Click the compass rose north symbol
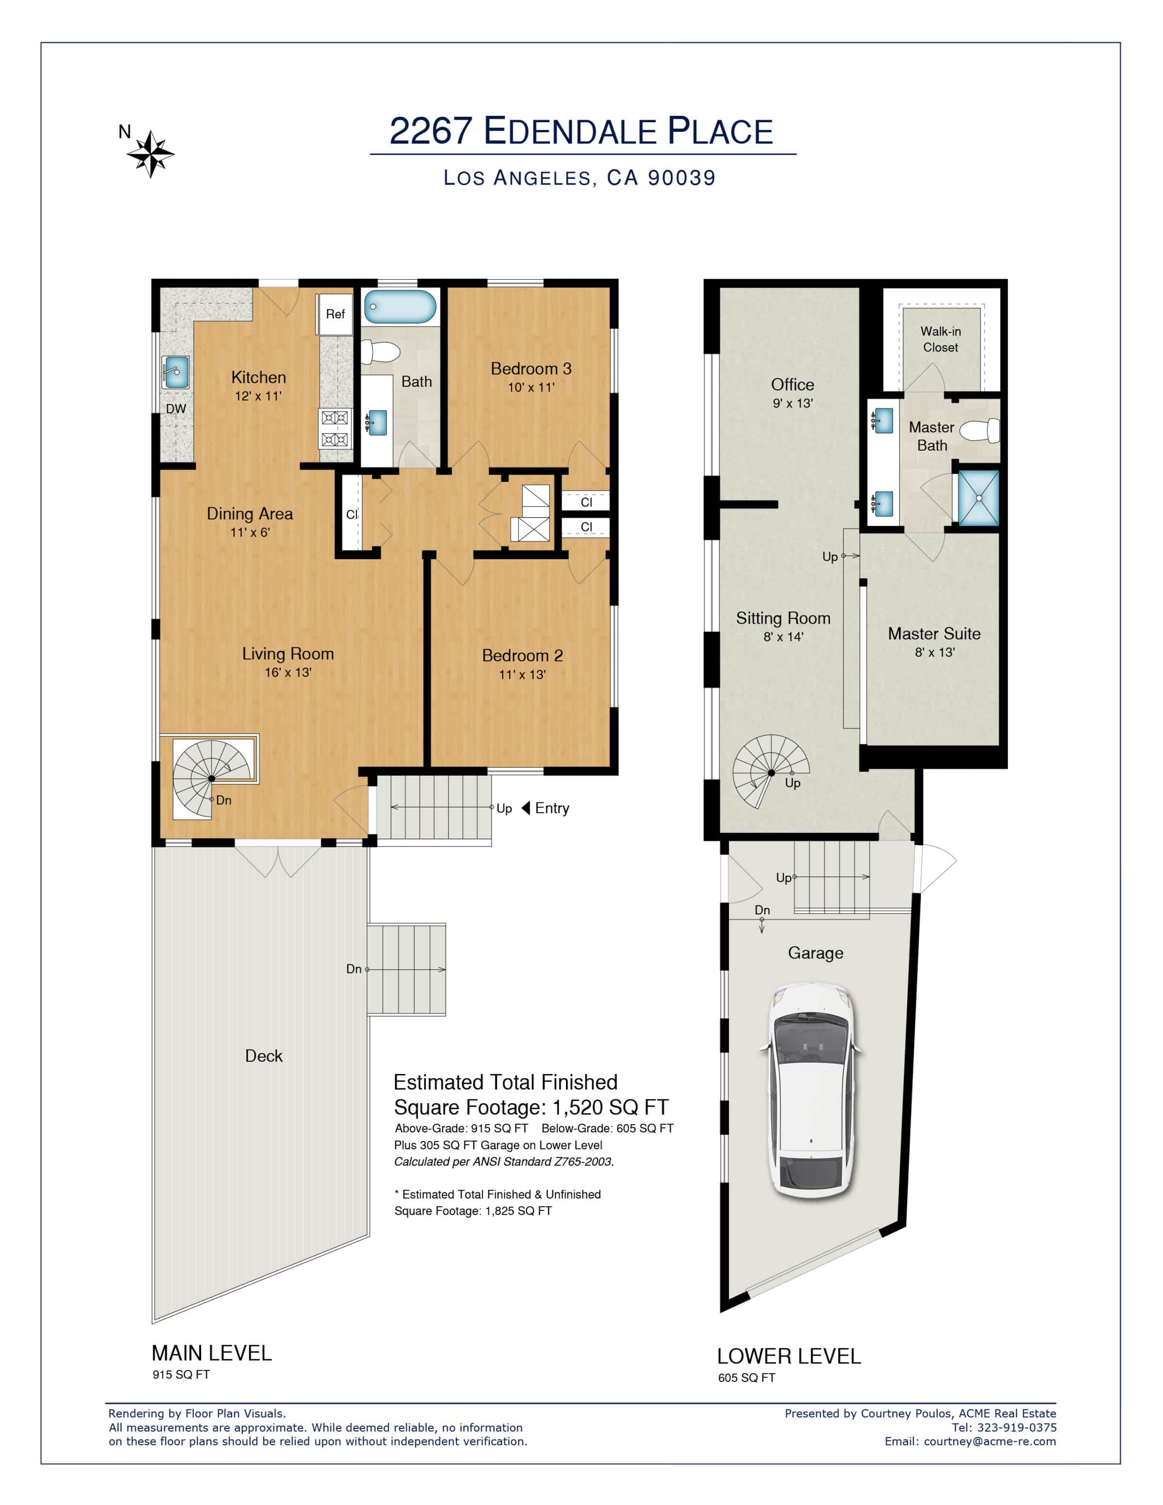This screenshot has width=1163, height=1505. (150, 154)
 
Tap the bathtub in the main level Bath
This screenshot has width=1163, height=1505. (400, 307)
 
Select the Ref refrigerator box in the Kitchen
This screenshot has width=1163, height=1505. (335, 314)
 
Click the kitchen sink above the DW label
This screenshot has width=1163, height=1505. (176, 373)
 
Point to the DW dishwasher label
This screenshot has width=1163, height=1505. (176, 408)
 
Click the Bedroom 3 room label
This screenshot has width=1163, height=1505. (531, 369)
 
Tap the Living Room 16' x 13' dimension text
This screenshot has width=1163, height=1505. (288, 672)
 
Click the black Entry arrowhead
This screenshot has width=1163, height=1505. (526, 808)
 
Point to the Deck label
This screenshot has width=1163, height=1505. (264, 1056)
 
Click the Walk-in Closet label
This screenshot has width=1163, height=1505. (941, 339)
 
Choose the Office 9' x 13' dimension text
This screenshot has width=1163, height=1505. (792, 403)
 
